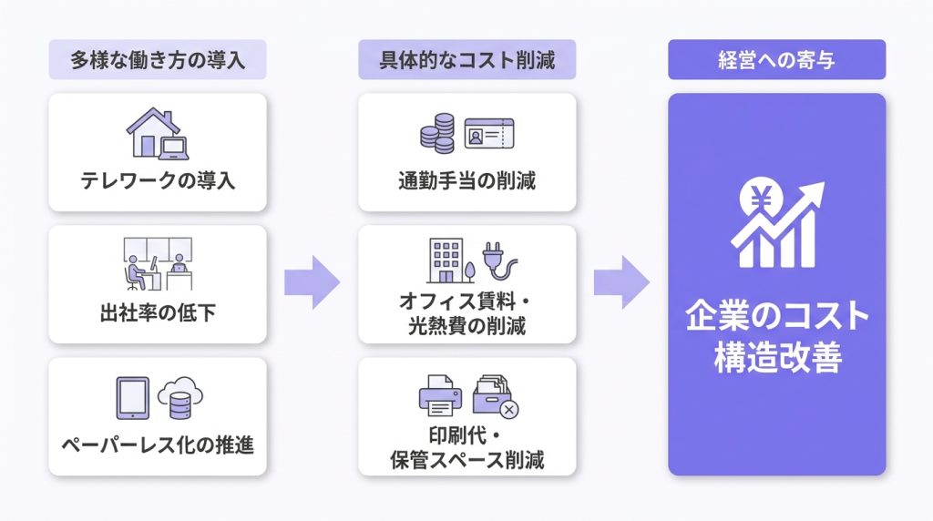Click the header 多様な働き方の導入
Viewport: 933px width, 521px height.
(x=158, y=59)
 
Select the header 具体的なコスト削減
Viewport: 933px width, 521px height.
(x=467, y=59)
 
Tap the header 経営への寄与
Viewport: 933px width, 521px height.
(x=776, y=59)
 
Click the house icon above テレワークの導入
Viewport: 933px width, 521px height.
(x=153, y=132)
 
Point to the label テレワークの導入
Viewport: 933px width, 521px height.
(x=158, y=180)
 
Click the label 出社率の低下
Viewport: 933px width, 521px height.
(x=158, y=312)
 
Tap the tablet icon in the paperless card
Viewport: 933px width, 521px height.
(x=133, y=398)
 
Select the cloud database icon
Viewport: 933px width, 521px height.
(x=180, y=398)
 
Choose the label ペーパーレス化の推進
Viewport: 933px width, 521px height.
(x=158, y=444)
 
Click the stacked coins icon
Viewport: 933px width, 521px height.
(x=437, y=133)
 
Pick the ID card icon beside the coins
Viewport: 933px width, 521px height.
(x=489, y=133)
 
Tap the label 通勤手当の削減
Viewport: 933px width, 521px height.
(x=467, y=180)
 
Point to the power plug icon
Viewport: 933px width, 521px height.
(x=498, y=260)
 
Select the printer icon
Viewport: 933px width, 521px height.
(x=440, y=395)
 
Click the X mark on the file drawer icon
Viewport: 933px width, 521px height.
(x=508, y=410)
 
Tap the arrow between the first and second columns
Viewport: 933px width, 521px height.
(x=313, y=282)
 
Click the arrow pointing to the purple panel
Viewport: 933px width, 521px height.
(x=621, y=282)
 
